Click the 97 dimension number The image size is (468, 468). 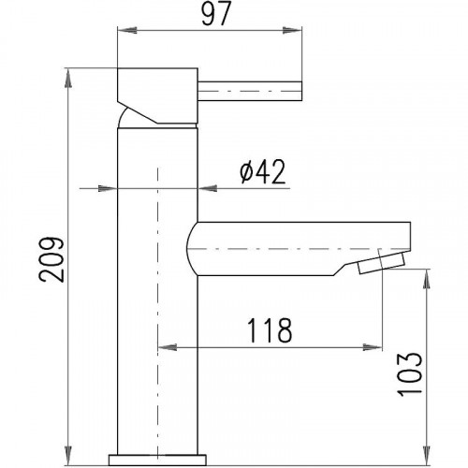(x=216, y=14)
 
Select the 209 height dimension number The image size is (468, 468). (x=51, y=259)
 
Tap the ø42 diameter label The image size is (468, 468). (x=263, y=171)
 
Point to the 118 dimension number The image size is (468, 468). (x=270, y=330)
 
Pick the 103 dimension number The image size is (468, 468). (x=409, y=374)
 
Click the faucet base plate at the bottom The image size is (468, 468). (x=157, y=460)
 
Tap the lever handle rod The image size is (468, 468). (x=250, y=91)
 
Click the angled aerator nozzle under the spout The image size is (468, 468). (x=382, y=263)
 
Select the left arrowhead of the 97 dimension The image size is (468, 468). (x=127, y=30)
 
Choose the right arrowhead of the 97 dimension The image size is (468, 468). (x=292, y=30)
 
